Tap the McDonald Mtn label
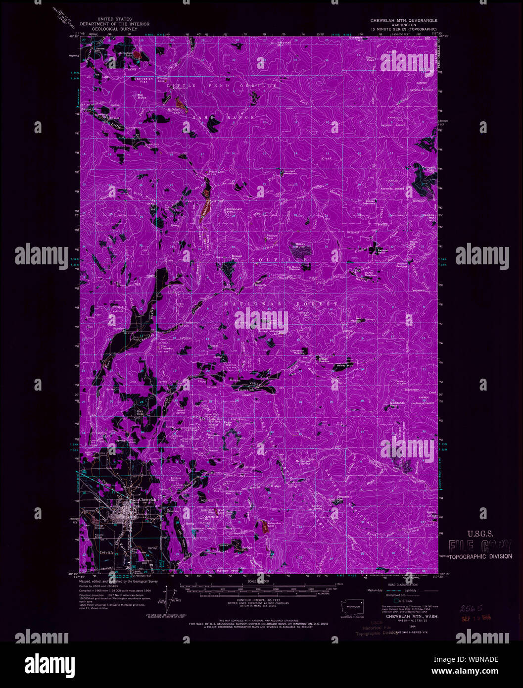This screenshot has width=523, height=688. click(232, 210)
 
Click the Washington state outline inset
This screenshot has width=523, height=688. click(353, 606)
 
